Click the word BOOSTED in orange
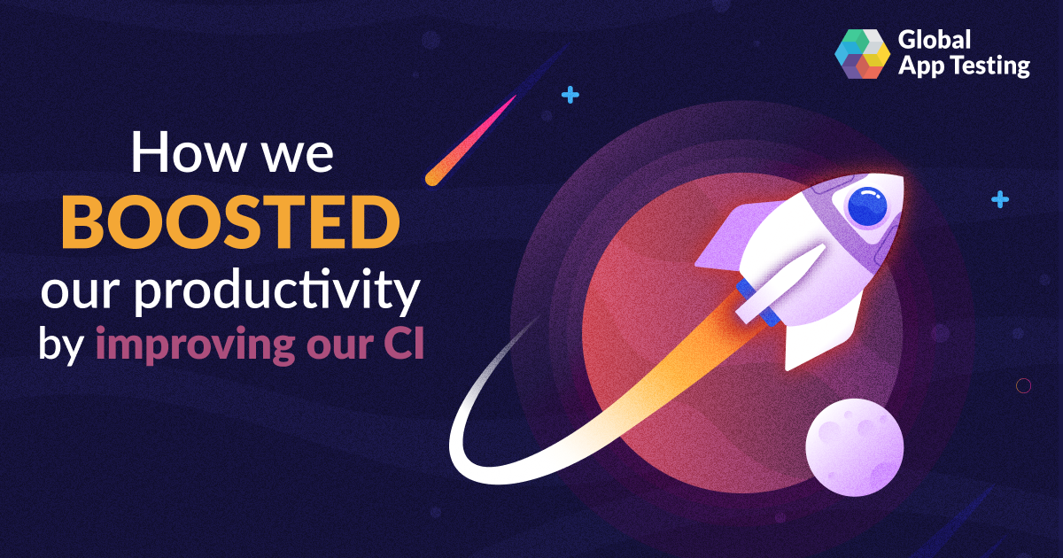[x=231, y=222]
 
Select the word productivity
[x=277, y=290]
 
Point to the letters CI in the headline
[x=404, y=342]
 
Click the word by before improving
[x=61, y=345]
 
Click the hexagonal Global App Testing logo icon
[x=862, y=54]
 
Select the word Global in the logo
[x=934, y=40]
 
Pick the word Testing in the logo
[x=991, y=66]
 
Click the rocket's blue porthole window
[x=867, y=206]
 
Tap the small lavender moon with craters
[x=854, y=447]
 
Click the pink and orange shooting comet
[x=470, y=141]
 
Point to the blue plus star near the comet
[x=570, y=95]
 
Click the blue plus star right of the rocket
[x=1000, y=199]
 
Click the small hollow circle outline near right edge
[x=1023, y=386]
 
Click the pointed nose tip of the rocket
[x=903, y=178]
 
